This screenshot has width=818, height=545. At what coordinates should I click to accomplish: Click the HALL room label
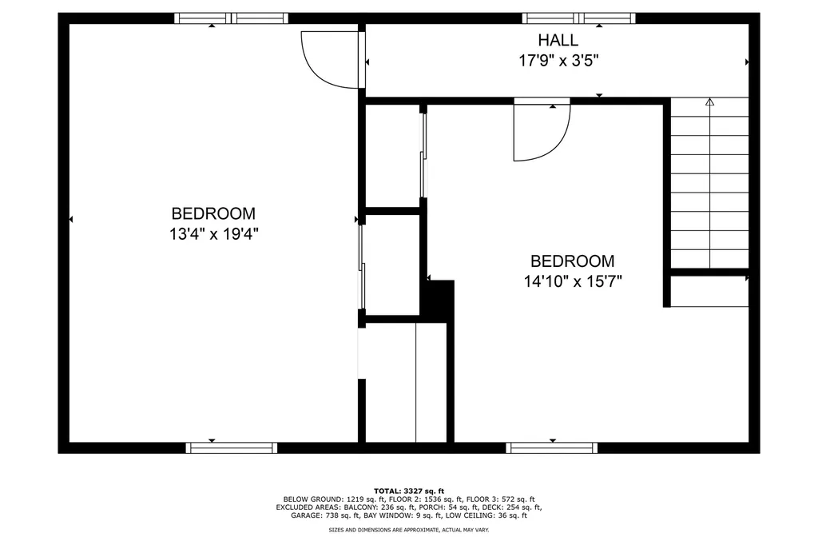558,40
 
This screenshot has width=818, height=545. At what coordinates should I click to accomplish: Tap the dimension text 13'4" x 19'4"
213,234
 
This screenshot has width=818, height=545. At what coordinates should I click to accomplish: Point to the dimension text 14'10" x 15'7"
572,281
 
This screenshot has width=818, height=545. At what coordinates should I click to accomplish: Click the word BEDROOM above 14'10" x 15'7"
572,261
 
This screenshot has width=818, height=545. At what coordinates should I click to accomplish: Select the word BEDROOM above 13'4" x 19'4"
213,214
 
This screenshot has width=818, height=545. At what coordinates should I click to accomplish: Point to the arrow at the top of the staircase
709,102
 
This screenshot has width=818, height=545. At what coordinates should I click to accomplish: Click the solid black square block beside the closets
438,300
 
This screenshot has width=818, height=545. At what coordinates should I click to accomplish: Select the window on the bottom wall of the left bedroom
232,448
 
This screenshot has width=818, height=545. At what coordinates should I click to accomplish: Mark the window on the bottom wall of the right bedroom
552,448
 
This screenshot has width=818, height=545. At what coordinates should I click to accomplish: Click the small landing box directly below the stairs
709,292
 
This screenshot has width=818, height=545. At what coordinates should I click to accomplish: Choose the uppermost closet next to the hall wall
392,156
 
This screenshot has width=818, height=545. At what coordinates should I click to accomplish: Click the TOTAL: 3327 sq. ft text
408,490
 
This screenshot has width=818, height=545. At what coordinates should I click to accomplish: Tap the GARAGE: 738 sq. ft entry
320,515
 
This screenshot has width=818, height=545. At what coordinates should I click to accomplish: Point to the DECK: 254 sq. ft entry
510,507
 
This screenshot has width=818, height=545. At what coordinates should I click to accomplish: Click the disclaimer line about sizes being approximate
408,529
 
